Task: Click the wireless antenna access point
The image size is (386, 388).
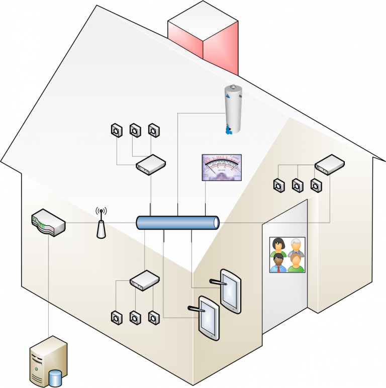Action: [101, 225]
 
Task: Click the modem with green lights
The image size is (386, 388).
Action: [48, 223]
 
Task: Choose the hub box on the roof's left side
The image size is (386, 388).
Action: [151, 164]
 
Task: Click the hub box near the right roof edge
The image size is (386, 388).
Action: [329, 163]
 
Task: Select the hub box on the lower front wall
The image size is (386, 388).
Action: [145, 279]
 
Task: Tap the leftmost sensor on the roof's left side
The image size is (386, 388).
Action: [116, 131]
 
